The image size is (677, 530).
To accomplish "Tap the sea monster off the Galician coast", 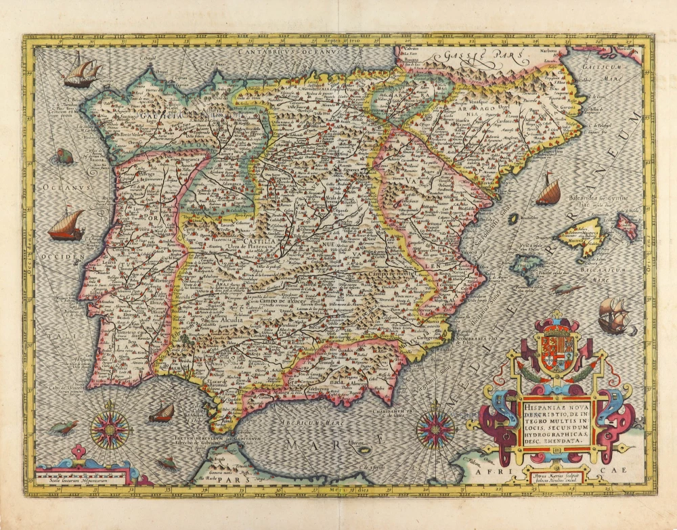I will [x=65, y=157].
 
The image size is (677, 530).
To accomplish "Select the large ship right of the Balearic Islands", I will [x=613, y=315].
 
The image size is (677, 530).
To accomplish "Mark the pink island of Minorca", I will [x=626, y=225].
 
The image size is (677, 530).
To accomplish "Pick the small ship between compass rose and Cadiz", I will [x=162, y=412].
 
